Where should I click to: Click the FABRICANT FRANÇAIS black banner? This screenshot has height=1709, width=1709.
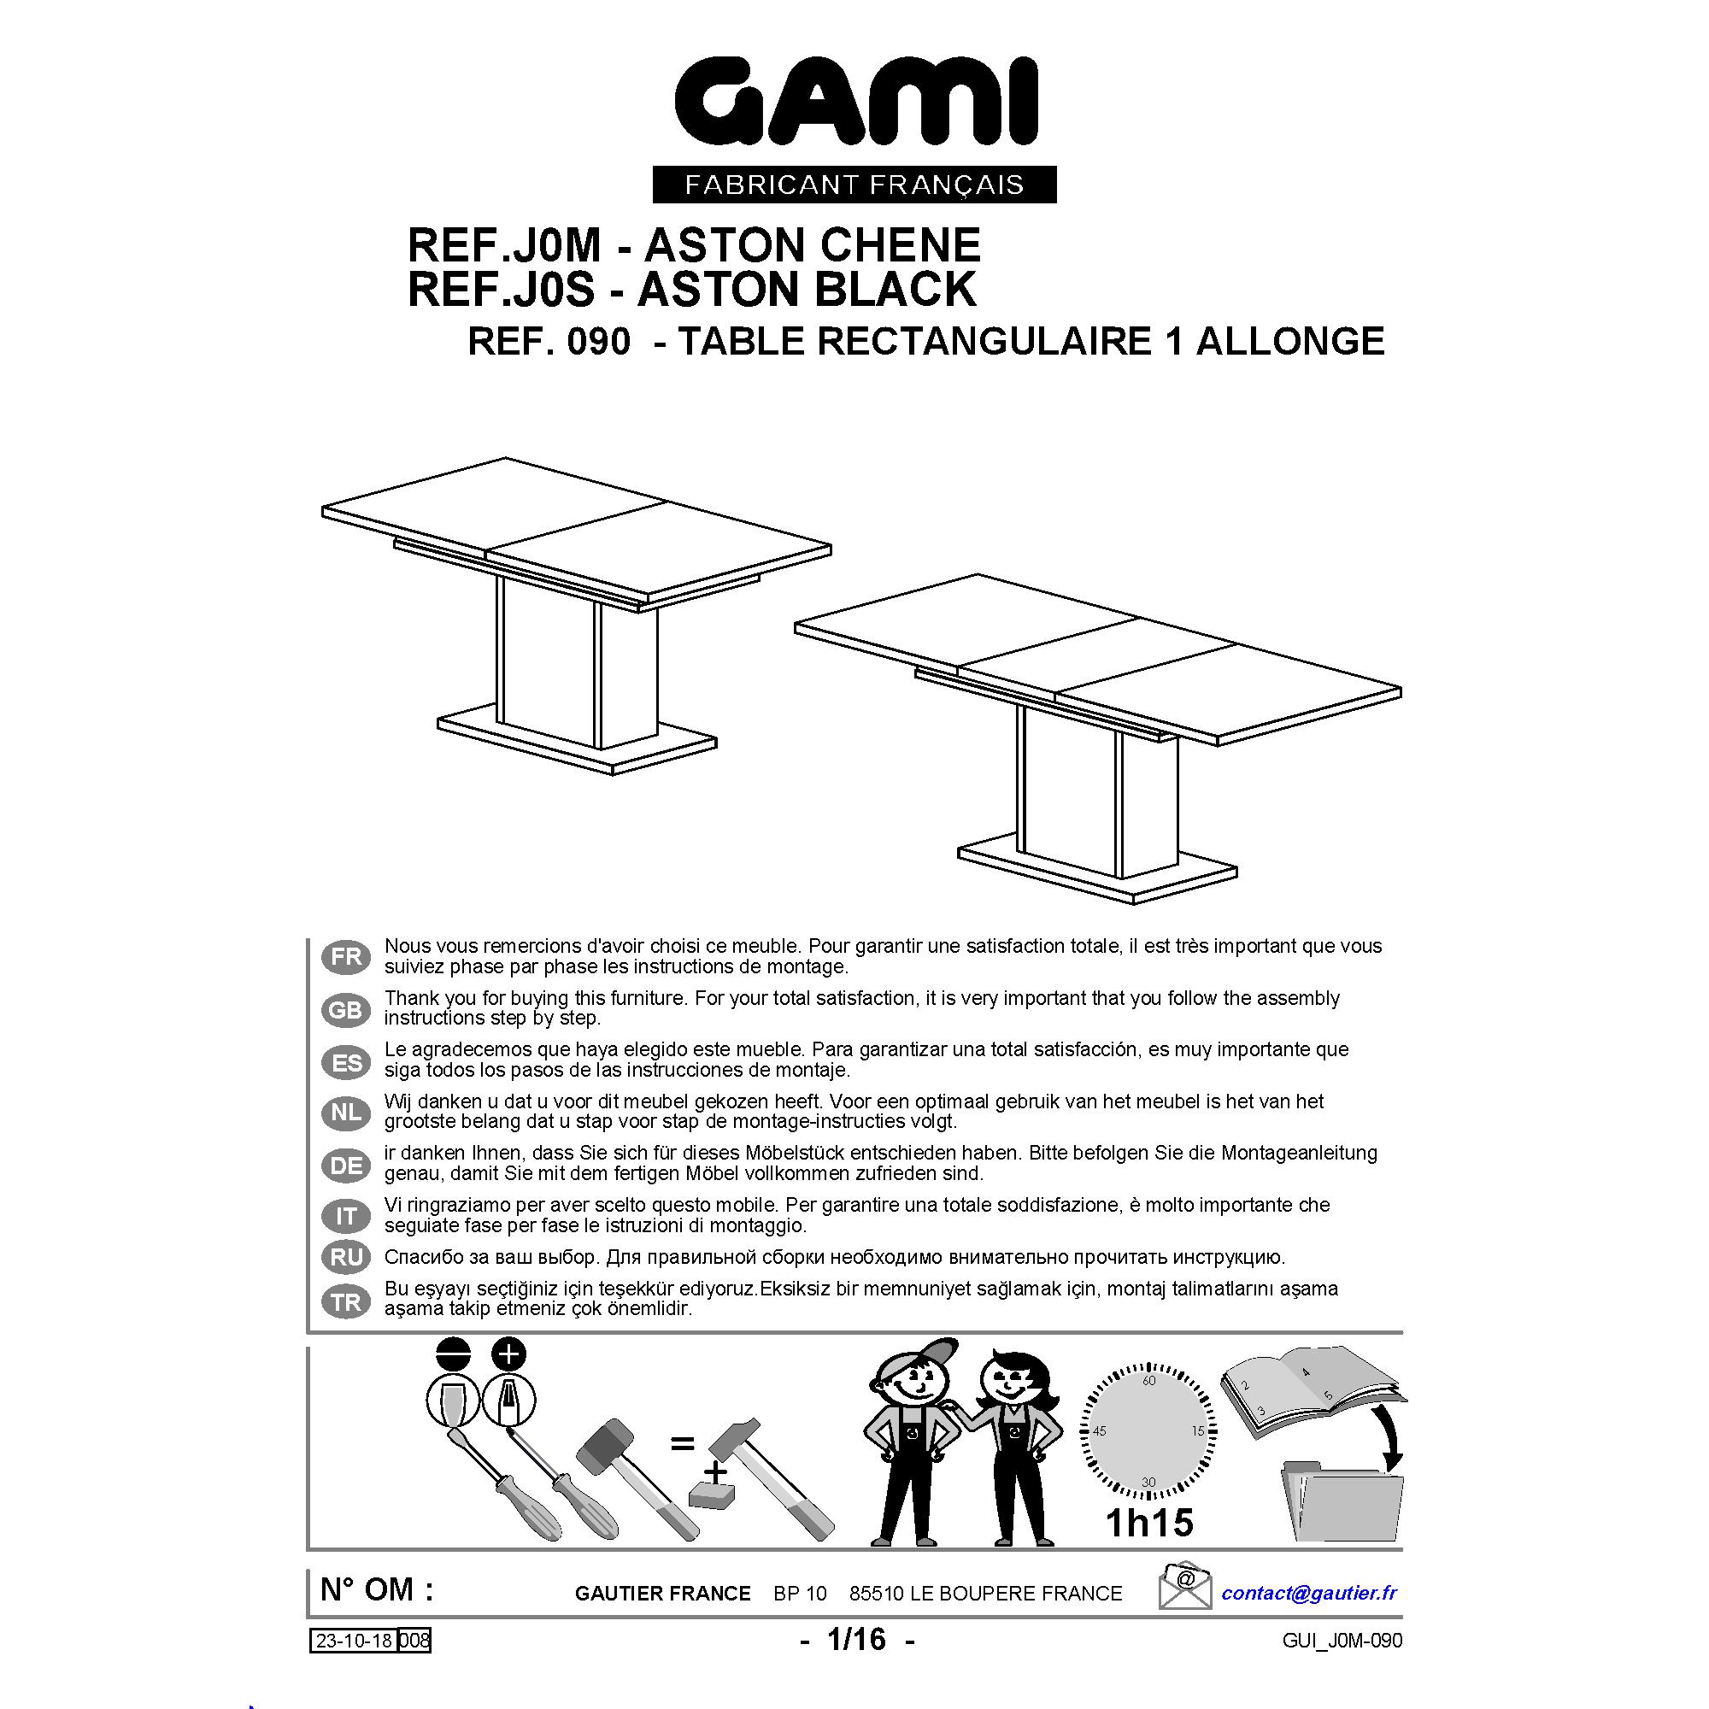coord(854,184)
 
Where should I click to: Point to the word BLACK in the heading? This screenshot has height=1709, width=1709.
coord(895,290)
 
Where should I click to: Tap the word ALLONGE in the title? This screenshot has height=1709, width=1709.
coord(1289,341)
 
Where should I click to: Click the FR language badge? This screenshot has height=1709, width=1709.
coord(346,957)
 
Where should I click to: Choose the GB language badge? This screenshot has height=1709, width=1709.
coord(346,1009)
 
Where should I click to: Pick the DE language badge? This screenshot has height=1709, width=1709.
coord(346,1165)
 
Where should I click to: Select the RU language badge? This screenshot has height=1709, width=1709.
coord(346,1256)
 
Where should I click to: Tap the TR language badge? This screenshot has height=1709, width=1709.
coord(346,1301)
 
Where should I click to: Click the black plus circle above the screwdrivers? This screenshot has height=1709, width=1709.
coord(509,1354)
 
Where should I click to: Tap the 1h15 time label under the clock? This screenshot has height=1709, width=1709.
coord(1149,1522)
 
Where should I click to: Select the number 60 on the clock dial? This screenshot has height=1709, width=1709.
coord(1149,1381)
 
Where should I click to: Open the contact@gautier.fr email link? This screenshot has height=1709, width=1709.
coord(1308,1592)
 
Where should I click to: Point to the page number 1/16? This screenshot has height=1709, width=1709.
coord(856,1639)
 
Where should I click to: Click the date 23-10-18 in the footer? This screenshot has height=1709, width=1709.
coord(354,1641)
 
